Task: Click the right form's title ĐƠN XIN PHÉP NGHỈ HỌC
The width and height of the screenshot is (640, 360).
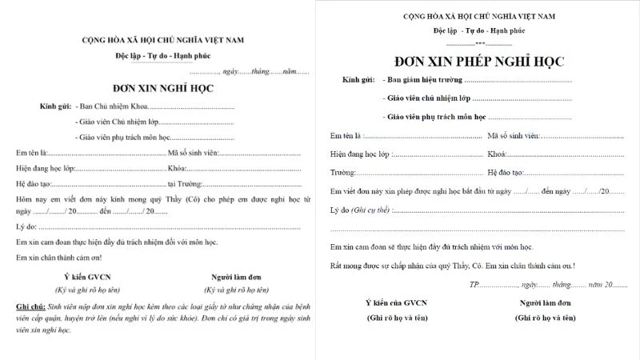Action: tap(479, 61)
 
